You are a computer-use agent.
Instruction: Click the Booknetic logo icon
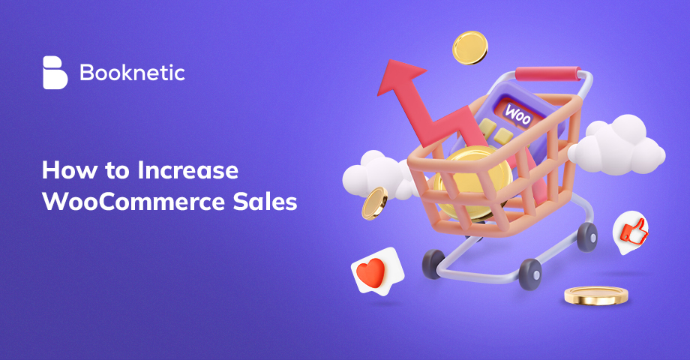55,73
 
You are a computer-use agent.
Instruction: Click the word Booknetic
131,73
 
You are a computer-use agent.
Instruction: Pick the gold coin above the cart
470,46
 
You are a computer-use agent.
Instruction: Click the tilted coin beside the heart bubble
373,202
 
